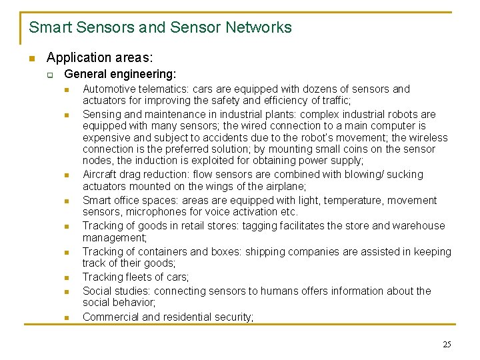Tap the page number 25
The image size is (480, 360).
pos(447,345)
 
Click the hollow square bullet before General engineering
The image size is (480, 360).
pos(49,75)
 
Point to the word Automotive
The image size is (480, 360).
pos(109,89)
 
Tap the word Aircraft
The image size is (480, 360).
pos(101,175)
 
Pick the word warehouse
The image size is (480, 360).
pos(420,225)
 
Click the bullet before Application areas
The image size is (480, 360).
pos(31,59)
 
